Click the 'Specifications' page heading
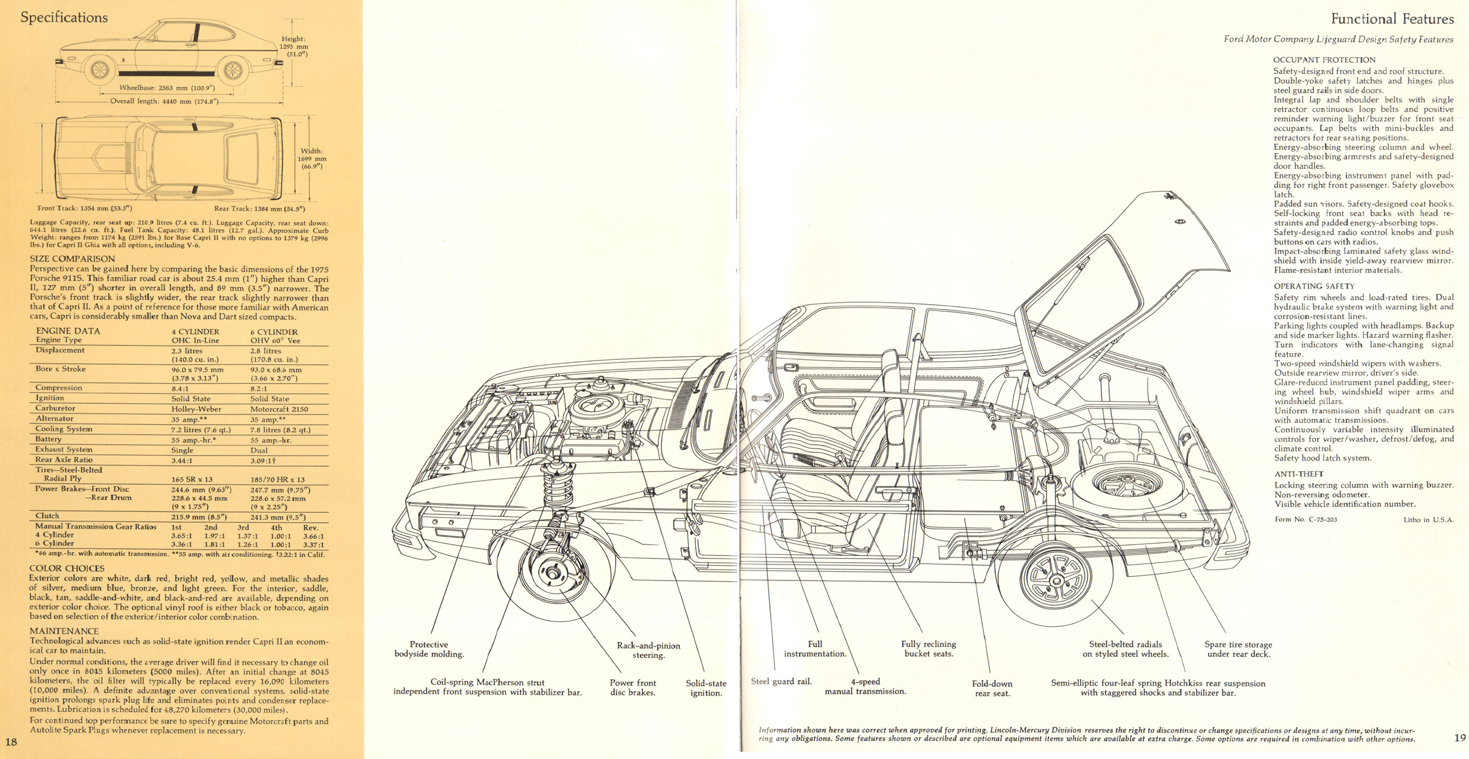click(64, 18)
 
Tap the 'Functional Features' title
click(1392, 19)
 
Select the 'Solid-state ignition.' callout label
click(706, 688)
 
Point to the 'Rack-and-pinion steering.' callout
click(648, 650)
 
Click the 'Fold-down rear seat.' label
click(992, 688)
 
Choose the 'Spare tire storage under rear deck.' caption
click(1238, 649)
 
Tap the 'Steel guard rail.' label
click(781, 682)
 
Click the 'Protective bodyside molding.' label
click(429, 649)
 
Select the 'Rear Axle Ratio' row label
click(64, 460)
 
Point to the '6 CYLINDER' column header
click(274, 332)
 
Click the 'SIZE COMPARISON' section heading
click(73, 259)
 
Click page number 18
click(11, 742)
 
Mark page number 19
click(1460, 738)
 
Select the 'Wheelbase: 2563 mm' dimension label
click(167, 88)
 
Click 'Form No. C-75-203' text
click(1305, 519)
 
